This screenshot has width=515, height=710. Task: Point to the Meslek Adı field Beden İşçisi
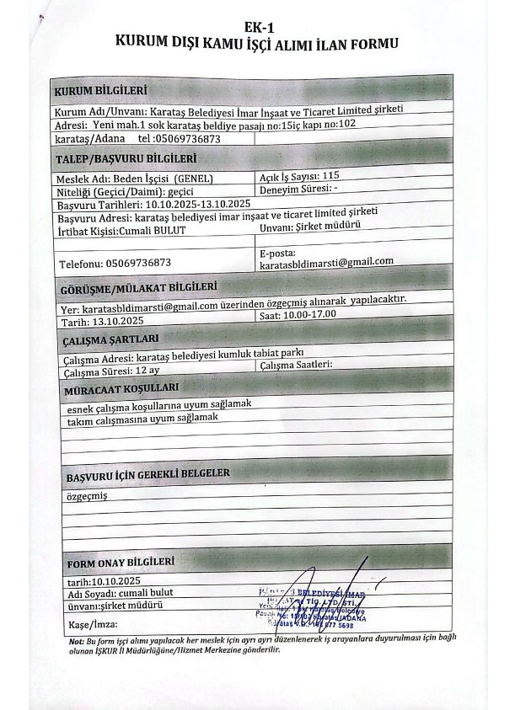(x=133, y=179)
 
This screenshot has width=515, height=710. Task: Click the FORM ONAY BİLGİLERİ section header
(x=121, y=562)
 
